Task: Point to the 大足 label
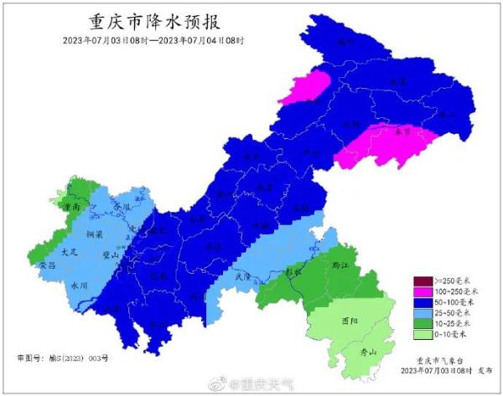point(68,250)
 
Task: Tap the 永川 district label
point(79,285)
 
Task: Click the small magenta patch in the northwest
point(305,87)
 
